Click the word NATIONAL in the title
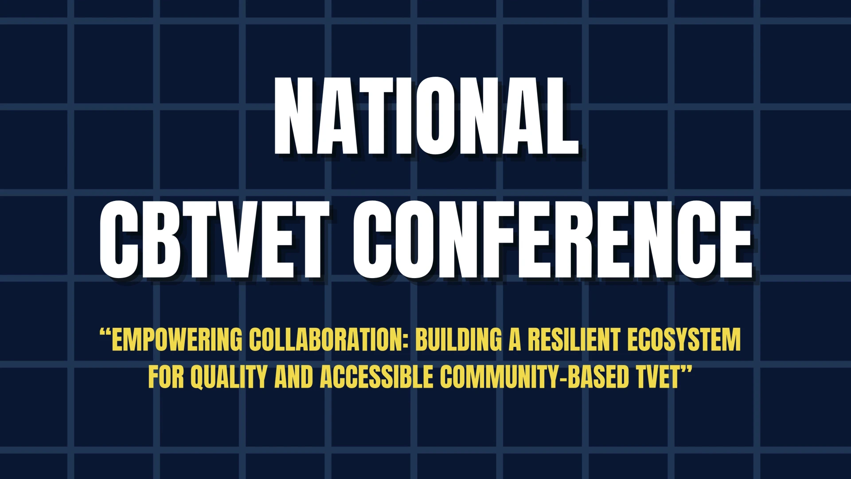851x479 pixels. point(426,116)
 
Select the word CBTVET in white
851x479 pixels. point(215,239)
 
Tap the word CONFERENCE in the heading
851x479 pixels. point(552,239)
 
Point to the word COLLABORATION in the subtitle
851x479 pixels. point(328,339)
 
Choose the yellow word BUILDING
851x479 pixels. point(459,339)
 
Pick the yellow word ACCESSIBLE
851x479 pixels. point(376,377)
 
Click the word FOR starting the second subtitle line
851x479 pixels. point(166,377)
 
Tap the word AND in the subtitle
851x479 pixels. point(293,377)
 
